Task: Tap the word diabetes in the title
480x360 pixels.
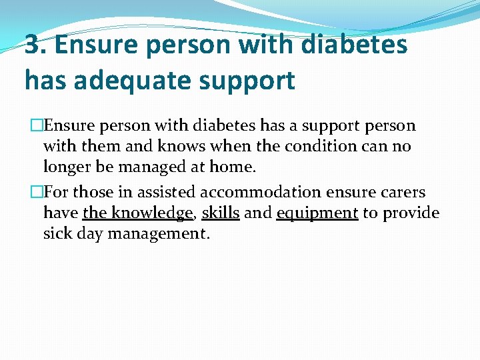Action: (355, 45)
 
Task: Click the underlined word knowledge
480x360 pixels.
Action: (151, 213)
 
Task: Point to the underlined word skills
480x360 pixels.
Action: (221, 213)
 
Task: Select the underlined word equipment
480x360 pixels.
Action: (317, 213)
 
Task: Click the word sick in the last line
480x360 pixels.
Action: (58, 234)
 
